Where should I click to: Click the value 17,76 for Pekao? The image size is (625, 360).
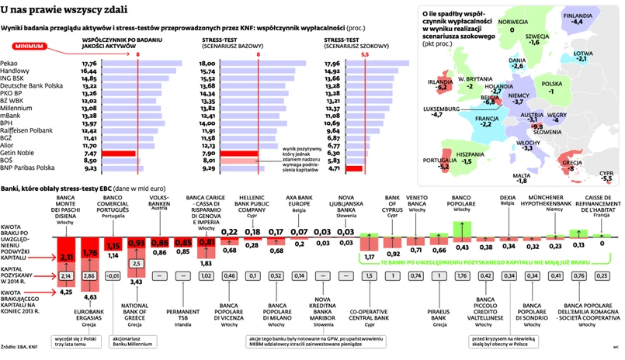click(89, 63)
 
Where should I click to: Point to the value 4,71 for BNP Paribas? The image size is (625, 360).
click(334, 167)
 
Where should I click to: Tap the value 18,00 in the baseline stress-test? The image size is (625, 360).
click(207, 63)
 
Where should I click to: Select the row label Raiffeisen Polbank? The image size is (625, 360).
click(28, 130)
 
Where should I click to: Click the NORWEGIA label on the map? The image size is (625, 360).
click(513, 21)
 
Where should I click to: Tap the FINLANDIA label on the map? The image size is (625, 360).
click(578, 15)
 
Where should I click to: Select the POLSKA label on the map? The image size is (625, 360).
click(551, 84)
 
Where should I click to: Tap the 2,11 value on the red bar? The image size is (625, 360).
click(67, 257)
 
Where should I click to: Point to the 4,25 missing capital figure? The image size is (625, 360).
click(67, 292)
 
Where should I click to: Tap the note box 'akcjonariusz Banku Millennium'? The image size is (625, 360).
click(134, 342)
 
